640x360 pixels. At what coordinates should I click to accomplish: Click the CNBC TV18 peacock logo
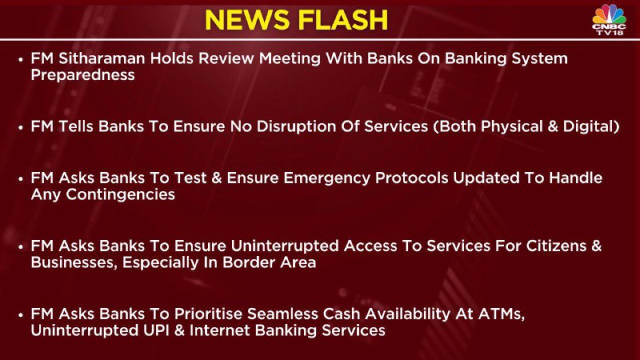click(x=609, y=19)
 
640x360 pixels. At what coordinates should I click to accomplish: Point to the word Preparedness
click(x=82, y=75)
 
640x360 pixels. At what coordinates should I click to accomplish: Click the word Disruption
click(x=295, y=126)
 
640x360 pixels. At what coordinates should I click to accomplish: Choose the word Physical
click(x=512, y=126)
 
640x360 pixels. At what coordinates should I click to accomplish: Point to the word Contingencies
click(x=121, y=194)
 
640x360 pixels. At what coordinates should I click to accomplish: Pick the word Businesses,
click(x=74, y=263)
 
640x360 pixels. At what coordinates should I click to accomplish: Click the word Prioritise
click(x=208, y=314)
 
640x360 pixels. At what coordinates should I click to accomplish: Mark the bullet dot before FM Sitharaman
click(x=21, y=59)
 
